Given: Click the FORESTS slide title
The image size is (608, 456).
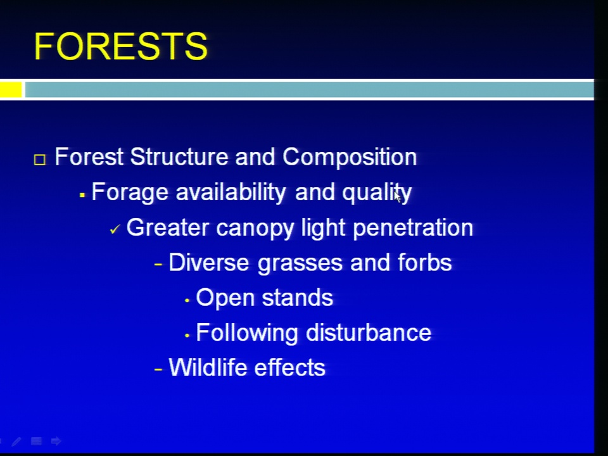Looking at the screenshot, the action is coord(120,46).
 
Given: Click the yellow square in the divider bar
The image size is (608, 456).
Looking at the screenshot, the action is coord(11,89).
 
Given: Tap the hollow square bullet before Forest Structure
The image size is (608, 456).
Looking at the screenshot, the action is coord(39,160).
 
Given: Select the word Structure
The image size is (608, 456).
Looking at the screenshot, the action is coord(179,156).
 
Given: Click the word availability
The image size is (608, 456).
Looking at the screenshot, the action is coord(231,193).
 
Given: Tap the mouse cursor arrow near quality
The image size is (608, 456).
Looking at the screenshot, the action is coord(398,196).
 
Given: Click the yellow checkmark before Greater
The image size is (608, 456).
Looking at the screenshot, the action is coord(115,229).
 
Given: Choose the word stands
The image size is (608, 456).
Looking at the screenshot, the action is coord(298,298).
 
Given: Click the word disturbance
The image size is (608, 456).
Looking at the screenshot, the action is coord(369,332).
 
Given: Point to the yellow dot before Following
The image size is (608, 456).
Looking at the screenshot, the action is coord(187,336).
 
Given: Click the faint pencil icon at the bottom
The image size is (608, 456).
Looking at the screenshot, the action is coord(16,441).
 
